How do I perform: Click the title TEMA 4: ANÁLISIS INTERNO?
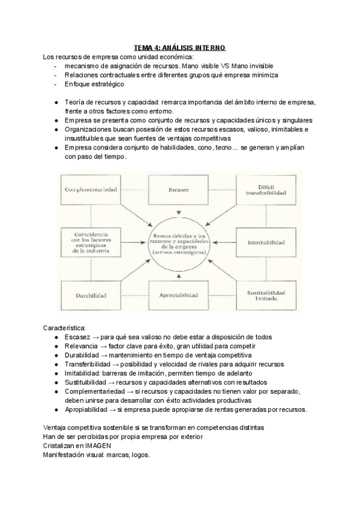pos(180,47)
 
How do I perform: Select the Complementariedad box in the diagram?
pos(91,190)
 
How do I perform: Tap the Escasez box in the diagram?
pos(179,190)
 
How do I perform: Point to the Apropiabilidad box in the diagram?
pos(179,295)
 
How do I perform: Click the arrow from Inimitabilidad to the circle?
pos(225,242)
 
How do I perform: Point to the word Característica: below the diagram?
pos(65,328)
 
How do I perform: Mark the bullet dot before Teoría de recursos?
pos(56,103)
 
